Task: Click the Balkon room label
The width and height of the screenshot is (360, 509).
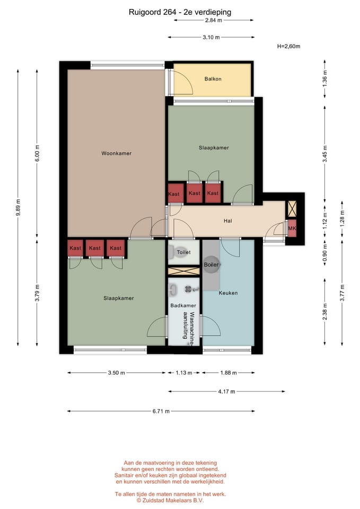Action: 213,79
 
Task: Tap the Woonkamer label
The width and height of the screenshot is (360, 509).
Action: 116,153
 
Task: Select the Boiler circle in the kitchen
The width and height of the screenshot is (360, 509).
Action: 212,265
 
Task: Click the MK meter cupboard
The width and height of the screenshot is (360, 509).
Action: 292,228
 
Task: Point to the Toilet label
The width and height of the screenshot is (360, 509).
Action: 183,252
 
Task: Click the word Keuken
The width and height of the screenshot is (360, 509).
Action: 228,293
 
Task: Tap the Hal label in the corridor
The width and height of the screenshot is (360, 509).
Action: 227,221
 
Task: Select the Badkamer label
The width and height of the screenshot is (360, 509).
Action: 183,305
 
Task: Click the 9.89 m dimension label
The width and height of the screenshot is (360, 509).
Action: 19,207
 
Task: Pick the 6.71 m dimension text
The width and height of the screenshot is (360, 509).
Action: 161,411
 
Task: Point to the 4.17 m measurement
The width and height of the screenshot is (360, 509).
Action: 226,391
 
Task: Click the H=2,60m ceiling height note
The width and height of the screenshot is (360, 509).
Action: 288,47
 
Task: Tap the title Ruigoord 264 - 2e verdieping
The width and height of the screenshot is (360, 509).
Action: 180,12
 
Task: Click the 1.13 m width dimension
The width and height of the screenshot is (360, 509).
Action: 184,373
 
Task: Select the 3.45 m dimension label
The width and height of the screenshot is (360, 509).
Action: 325,154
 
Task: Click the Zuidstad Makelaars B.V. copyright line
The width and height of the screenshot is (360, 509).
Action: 170,500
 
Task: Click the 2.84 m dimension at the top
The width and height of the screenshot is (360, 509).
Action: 214,20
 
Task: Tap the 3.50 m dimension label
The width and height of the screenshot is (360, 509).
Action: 116,373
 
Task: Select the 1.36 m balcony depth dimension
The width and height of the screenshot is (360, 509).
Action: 325,78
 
